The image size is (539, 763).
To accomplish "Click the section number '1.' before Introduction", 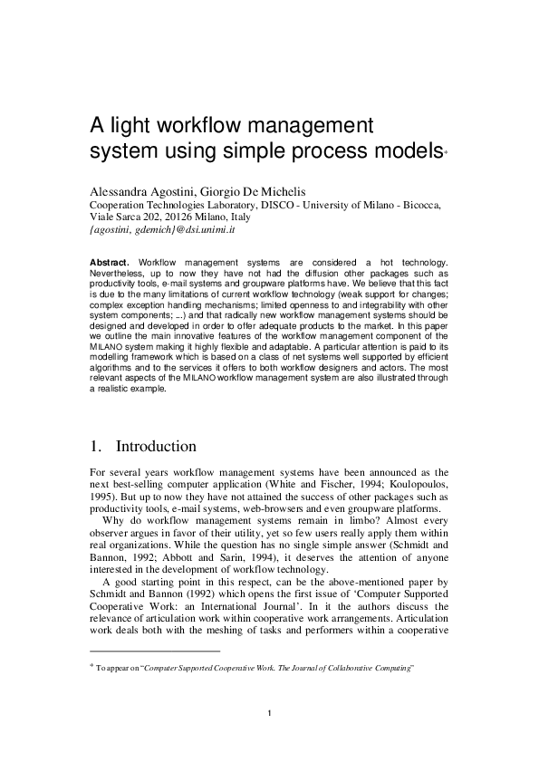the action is pyautogui.click(x=97, y=447).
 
